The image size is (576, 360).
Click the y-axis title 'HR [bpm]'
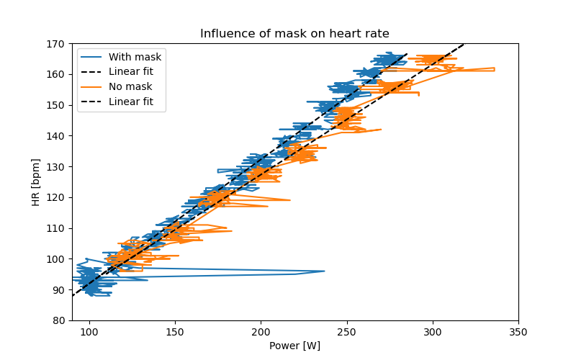36,182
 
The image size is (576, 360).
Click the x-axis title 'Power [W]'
294,346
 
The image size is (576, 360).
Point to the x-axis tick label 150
175,332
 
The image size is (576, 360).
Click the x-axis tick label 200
261,332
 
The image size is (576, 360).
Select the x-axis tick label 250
346,332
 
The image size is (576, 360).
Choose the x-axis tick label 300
433,332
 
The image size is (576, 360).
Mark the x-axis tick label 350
518,332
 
